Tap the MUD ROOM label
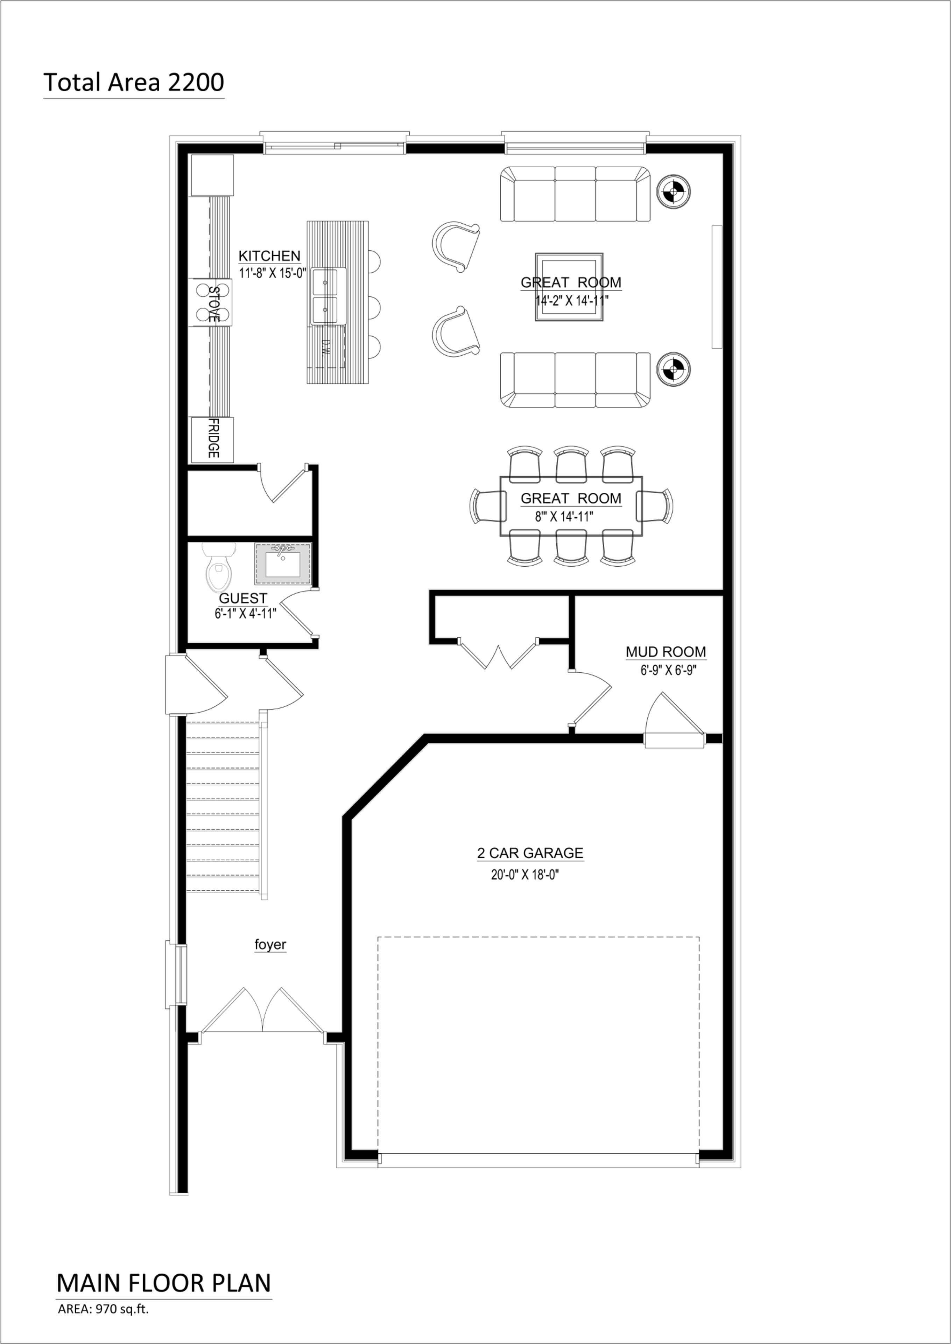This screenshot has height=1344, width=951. tap(666, 652)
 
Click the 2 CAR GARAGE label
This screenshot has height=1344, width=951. tap(530, 853)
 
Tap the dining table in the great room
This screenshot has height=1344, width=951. tap(571, 505)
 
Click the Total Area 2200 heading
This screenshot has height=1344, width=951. tap(134, 83)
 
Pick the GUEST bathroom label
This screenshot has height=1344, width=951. tap(243, 598)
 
